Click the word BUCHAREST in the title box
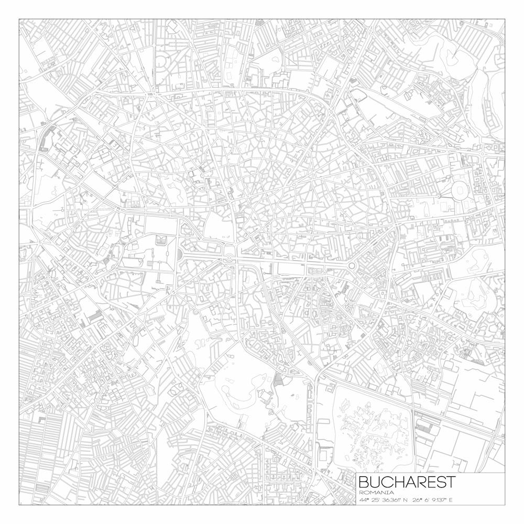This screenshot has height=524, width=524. tap(407, 482)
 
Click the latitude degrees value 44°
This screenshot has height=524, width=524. tap(364, 499)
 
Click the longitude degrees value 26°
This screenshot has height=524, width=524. tap(418, 499)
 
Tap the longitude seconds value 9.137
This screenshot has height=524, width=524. tap(438, 499)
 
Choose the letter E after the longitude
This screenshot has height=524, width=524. tap(450, 499)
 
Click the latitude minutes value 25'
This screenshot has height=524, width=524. tap(376, 499)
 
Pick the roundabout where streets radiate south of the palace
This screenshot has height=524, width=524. tap(172, 291)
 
